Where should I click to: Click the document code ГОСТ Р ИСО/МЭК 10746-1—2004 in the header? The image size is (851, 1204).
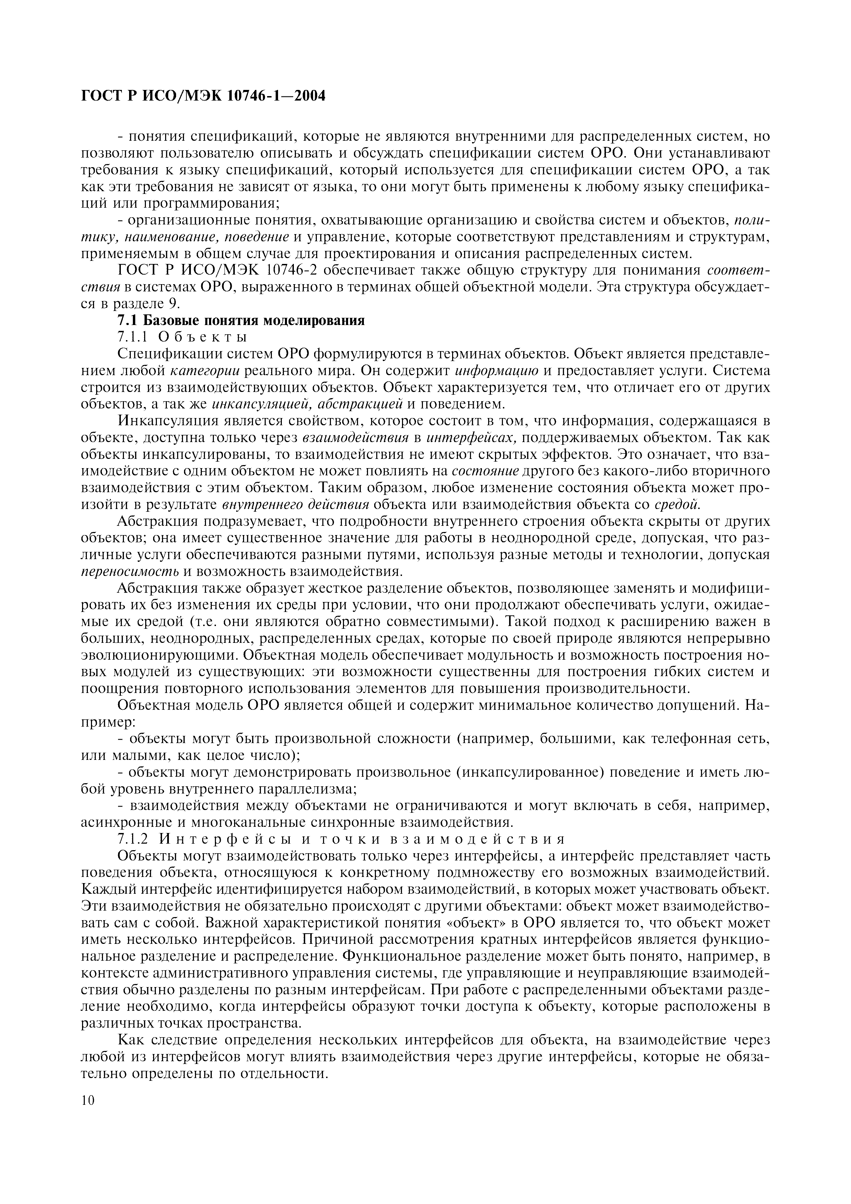point(204,96)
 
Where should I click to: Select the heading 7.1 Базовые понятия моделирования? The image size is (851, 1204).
point(240,321)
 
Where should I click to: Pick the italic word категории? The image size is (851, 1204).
point(206,371)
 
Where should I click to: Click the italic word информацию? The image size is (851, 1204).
point(496,371)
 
